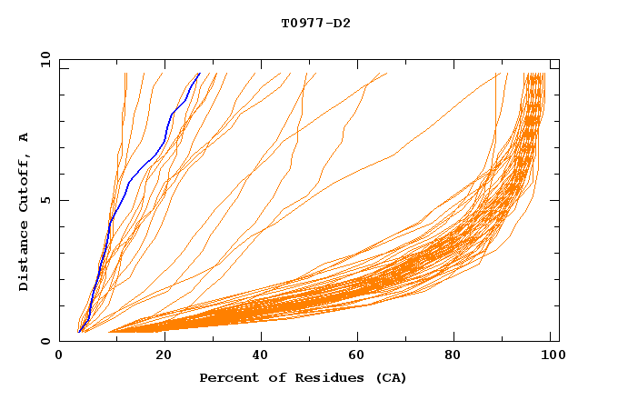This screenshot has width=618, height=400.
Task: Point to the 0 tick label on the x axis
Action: pyautogui.click(x=59, y=355)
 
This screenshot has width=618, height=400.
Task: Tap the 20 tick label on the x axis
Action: pyautogui.click(x=164, y=355)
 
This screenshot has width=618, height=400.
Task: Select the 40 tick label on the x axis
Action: pyautogui.click(x=261, y=355)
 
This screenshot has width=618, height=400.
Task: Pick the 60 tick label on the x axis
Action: pyautogui.click(x=359, y=355)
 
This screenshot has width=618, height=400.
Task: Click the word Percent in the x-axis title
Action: pyautogui.click(x=226, y=377)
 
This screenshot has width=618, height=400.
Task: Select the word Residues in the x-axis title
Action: pyautogui.click(x=314, y=377)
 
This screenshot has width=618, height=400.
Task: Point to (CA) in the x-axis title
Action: pyautogui.click(x=389, y=377)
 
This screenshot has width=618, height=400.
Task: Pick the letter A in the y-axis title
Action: pyautogui.click(x=25, y=136)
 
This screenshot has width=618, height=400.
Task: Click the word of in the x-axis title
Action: pyautogui.click(x=268, y=377)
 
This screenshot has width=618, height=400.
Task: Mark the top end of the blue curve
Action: pyautogui.click(x=199, y=73)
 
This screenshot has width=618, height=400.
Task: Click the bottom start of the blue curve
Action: pyautogui.click(x=79, y=332)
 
